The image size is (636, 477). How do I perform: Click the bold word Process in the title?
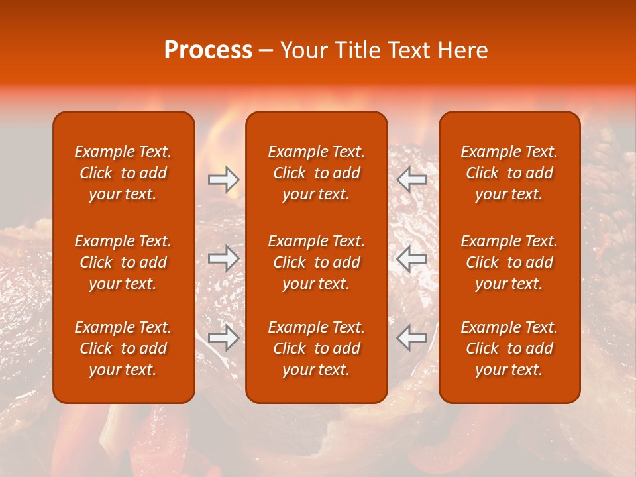pos(208,50)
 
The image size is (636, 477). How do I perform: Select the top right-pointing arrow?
pos(224,180)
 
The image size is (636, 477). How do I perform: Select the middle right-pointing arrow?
pos(224,258)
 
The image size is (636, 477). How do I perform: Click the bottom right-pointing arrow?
pos(224,338)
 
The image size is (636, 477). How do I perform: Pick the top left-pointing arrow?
pos(411,180)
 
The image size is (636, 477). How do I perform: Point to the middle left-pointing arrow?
pos(411,258)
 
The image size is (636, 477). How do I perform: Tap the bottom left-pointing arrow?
pos(411,338)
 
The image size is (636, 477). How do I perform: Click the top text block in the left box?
pos(123,173)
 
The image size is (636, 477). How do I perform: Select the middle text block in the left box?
pos(123,262)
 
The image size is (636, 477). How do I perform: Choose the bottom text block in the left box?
pos(123,348)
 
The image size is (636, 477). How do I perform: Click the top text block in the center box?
pos(316,173)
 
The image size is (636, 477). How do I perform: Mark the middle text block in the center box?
pos(316,262)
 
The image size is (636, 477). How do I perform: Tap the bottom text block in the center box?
pos(316,348)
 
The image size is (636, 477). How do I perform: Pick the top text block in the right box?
pos(509,173)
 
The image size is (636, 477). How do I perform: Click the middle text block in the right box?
pos(509,262)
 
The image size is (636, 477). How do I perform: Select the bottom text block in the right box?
pos(509,348)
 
